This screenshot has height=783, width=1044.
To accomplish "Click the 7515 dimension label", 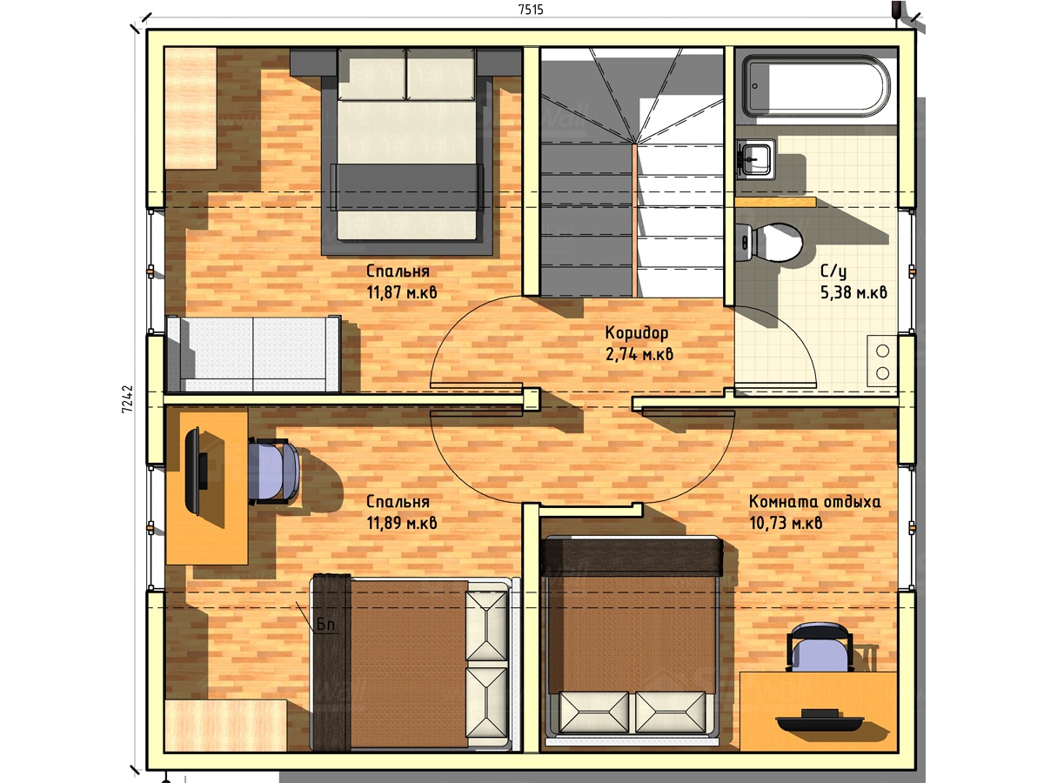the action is [531, 10].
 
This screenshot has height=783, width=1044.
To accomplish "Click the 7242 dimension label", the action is [128, 398].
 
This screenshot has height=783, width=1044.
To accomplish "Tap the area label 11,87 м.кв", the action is [401, 292].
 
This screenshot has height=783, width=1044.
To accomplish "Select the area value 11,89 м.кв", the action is [401, 523].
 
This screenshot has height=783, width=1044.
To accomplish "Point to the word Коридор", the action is [636, 333].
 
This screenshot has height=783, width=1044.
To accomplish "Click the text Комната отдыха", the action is [814, 502].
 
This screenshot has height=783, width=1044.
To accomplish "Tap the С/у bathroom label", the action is [833, 271].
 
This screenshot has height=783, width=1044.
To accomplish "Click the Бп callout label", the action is [325, 625].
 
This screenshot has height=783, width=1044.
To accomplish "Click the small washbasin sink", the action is [755, 159].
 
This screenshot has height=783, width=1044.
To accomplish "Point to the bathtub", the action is [816, 86].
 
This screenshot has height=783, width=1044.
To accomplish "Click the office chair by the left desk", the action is [272, 472].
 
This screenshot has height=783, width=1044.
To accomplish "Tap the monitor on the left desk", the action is [196, 472].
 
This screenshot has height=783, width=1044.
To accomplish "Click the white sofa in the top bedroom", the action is [253, 354].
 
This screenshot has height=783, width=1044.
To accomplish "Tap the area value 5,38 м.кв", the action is [853, 292].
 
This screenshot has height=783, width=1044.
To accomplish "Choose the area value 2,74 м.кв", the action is [639, 354].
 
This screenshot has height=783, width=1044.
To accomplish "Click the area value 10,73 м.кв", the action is [786, 523].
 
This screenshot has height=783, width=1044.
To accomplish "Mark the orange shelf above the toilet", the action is [776, 203].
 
